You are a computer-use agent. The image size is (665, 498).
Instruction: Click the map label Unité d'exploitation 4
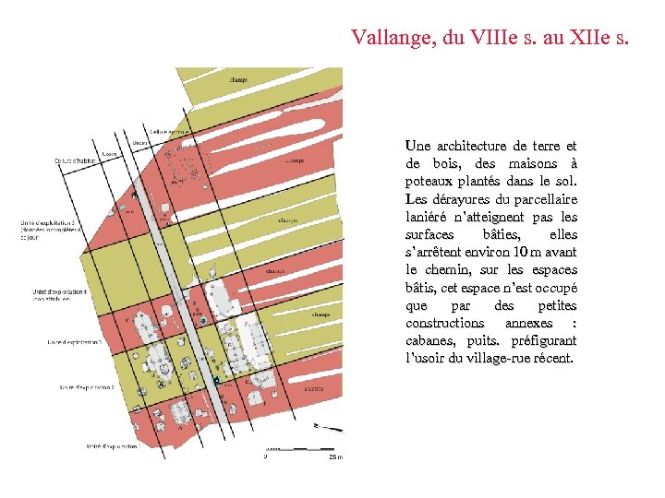(x=60, y=294)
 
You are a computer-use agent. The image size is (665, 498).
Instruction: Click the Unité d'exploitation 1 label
(x=112, y=446)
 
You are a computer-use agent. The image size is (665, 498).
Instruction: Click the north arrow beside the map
(x=327, y=427)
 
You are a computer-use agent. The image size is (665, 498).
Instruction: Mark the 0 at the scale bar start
(x=266, y=456)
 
